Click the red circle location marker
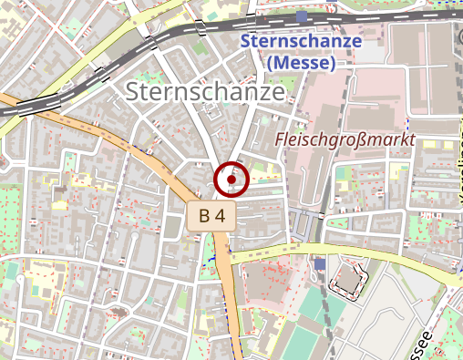[x=231, y=180]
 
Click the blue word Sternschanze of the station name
[x=302, y=42]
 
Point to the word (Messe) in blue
[x=303, y=63]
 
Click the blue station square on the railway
[x=302, y=15]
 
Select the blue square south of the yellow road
[x=319, y=263]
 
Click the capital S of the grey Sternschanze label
[x=135, y=92]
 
